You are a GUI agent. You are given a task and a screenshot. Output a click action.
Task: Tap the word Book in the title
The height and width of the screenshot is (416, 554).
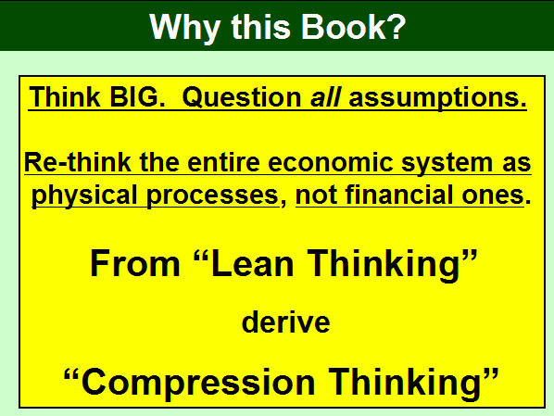[344, 27]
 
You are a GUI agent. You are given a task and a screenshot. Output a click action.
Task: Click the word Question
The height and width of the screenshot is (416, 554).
[242, 98]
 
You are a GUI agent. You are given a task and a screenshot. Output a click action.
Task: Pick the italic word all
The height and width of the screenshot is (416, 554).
[325, 97]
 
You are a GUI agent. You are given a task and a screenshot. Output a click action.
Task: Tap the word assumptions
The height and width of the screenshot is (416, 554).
[437, 98]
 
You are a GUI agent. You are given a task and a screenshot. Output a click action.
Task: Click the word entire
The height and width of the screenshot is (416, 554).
[224, 162]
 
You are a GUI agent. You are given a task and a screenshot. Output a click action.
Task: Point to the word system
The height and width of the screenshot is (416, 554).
[447, 164]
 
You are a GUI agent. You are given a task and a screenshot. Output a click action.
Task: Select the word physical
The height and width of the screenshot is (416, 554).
[84, 196]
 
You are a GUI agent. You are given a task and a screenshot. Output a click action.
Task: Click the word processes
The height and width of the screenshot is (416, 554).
[212, 196]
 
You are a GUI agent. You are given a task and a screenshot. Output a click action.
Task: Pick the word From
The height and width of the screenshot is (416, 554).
[135, 264]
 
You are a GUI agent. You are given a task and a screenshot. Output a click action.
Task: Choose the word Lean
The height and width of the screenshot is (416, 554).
[253, 264]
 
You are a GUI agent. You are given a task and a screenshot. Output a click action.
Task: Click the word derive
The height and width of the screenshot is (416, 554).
[286, 321]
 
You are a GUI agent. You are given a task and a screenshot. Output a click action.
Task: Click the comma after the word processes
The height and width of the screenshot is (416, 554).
[283, 203]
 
